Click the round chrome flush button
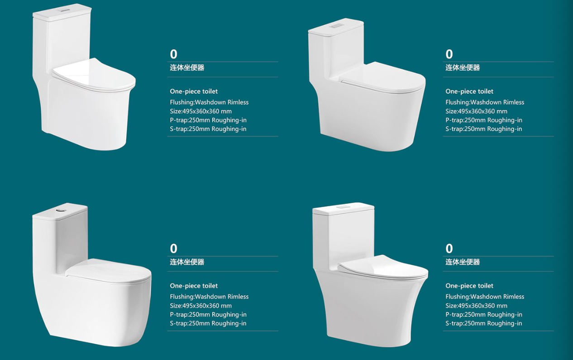tap(60, 210)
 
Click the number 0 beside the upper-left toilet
tap(173, 54)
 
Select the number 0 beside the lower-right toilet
tap(449, 249)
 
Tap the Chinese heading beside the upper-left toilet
tap(187, 67)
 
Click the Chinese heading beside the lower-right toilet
tap(463, 262)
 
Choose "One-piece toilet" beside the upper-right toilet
tap(469, 91)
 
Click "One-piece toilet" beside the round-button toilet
tap(194, 285)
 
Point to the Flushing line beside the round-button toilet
tap(209, 297)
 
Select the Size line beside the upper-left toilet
tap(201, 111)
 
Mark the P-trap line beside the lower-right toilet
tap(484, 314)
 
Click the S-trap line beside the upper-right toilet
tap(484, 129)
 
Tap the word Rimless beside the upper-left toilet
tap(238, 102)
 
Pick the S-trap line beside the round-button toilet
tap(208, 323)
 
